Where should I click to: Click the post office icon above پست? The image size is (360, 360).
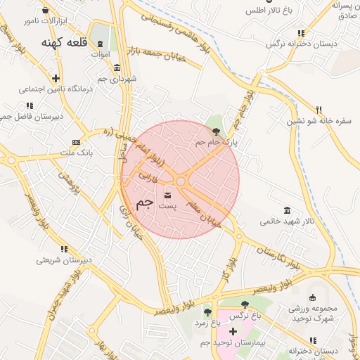tap(167, 195)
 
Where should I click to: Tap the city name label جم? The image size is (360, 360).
tap(144, 203)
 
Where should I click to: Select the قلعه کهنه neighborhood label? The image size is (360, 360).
tap(63, 44)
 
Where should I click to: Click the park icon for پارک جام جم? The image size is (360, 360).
tap(216, 131)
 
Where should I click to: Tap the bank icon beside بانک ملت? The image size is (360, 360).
tap(76, 142)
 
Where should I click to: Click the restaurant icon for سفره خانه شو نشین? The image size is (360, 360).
tap(319, 110)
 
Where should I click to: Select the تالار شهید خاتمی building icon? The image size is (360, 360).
tap(286, 210)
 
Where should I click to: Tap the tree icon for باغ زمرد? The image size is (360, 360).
tap(207, 311)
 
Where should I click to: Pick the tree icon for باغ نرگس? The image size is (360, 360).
tap(245, 304)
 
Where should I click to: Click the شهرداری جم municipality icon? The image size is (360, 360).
tap(116, 67)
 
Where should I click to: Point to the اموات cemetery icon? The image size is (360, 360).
tap(100, 44)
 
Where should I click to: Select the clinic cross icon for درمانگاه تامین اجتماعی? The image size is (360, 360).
tap(56, 78)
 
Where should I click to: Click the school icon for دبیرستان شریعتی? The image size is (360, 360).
tap(64, 249)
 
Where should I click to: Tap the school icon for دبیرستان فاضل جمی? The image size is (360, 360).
tap(29, 106)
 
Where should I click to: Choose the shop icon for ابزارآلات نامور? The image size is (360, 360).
tap(46, 11)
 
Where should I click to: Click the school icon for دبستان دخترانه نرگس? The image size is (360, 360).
tap(301, 33)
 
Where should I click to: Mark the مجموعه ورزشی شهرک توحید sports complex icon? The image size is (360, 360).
tap(312, 297)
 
